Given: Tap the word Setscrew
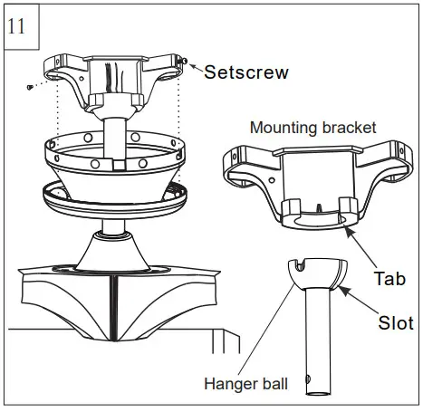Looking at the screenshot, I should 246,72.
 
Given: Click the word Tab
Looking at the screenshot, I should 389,279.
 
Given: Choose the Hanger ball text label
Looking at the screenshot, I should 247,385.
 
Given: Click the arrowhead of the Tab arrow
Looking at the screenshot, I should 347,229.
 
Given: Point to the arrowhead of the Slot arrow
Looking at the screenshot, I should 341,290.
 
